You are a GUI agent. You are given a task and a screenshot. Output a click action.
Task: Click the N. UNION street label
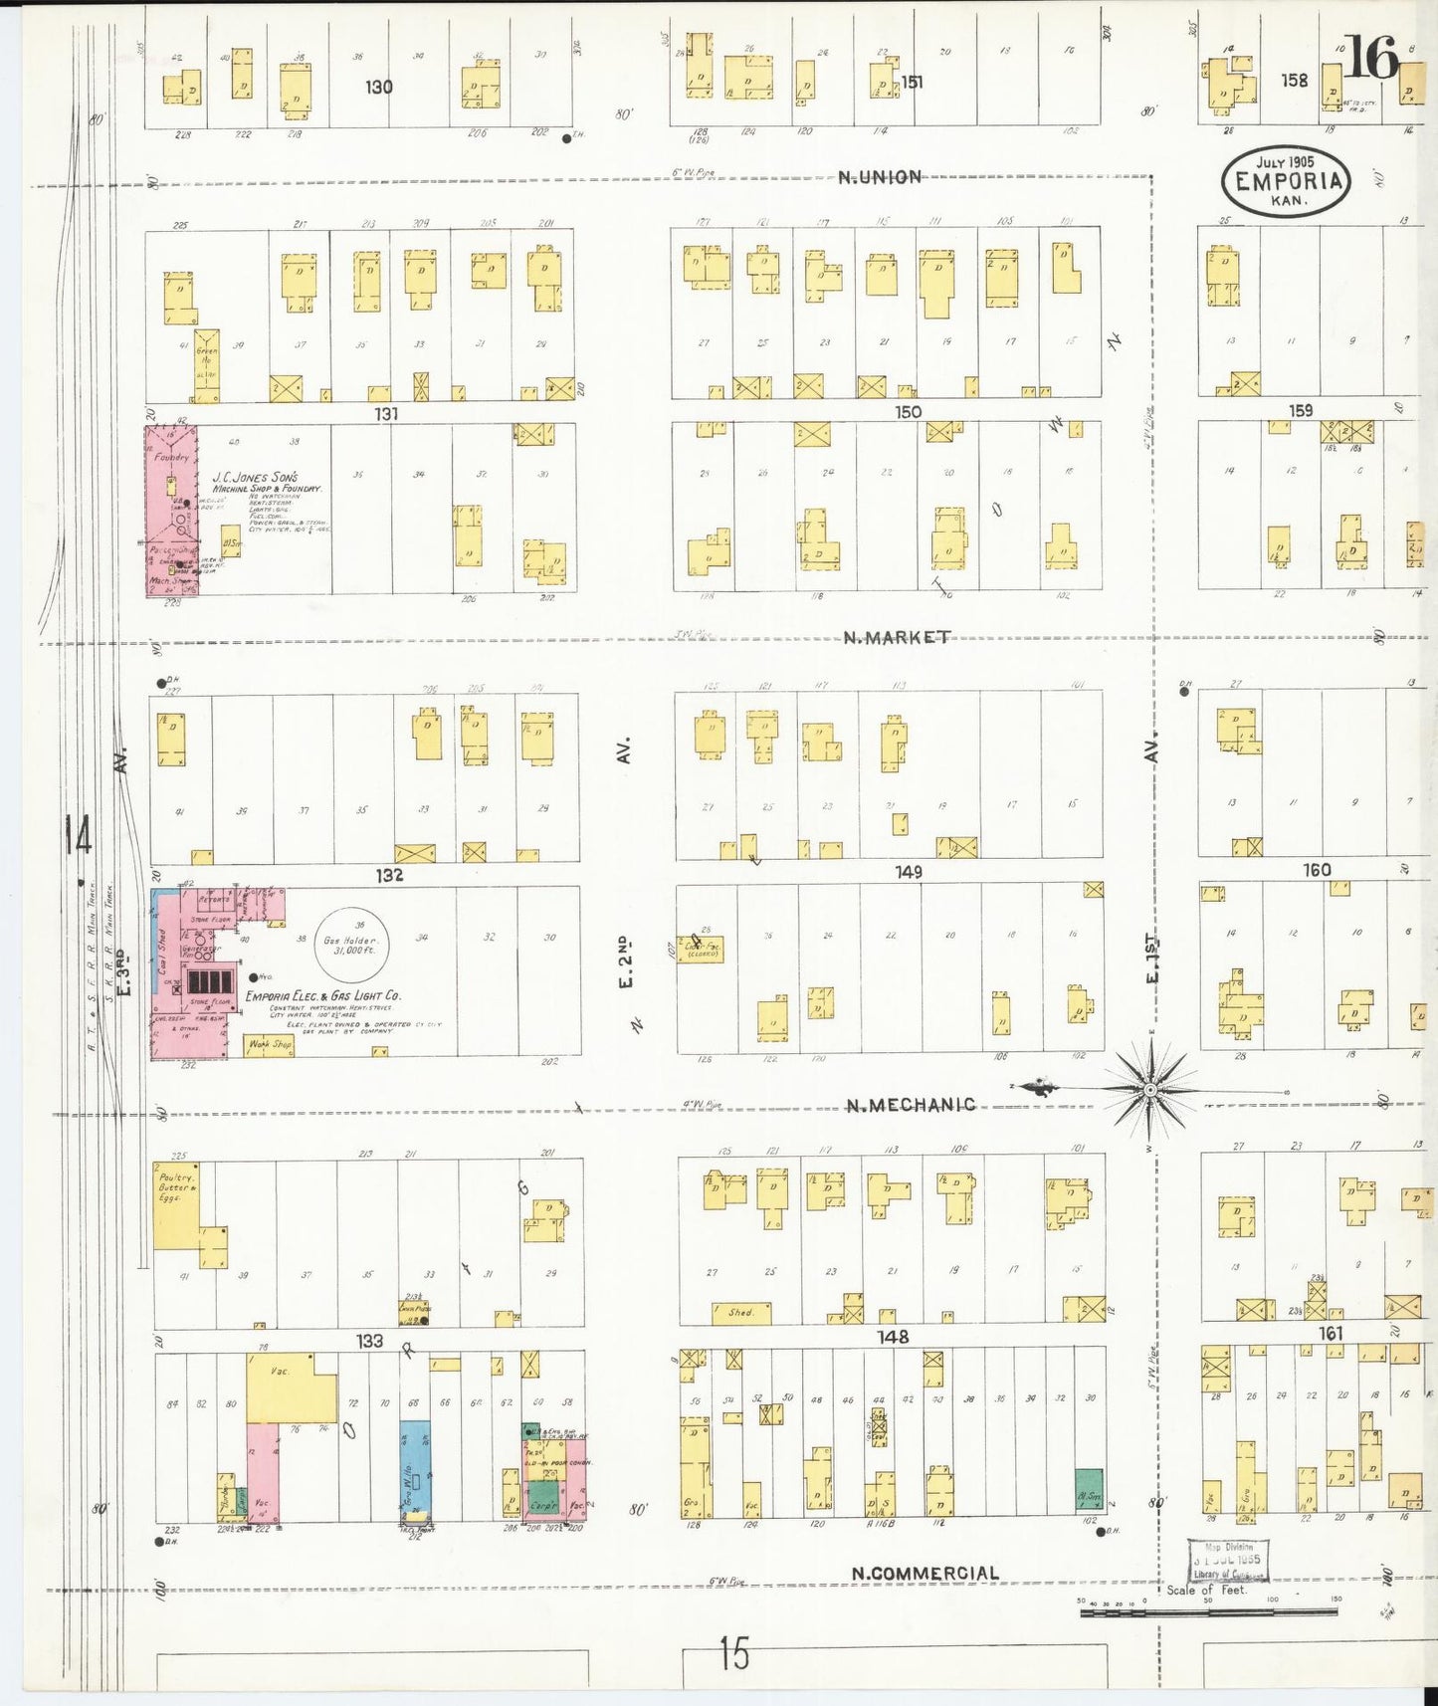879,177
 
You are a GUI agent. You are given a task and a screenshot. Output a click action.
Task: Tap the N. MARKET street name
897,637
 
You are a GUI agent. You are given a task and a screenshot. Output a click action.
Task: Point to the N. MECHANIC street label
911,1105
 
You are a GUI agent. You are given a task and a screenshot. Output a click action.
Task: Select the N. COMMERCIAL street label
924,1574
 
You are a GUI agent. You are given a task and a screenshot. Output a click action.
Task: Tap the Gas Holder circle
350,945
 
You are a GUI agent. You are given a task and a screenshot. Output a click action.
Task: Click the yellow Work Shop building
269,1045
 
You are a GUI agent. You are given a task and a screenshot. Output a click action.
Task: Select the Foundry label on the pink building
171,457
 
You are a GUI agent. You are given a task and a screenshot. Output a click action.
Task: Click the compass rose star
1150,1091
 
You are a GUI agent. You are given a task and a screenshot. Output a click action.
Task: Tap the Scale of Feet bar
1209,1610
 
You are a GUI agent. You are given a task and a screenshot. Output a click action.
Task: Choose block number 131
386,413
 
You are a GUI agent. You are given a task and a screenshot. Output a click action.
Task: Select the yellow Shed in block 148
741,1313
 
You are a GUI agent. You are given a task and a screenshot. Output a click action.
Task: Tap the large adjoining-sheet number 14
78,834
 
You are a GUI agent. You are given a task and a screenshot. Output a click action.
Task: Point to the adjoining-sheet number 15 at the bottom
734,1654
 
